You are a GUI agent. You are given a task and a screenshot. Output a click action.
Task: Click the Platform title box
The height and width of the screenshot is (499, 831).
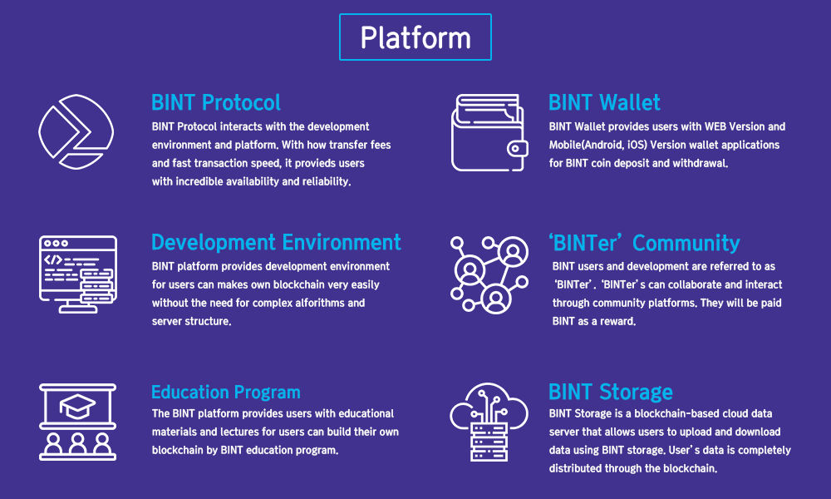pos(415,37)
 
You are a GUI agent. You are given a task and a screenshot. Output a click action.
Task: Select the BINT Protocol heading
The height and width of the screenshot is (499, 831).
pos(216,102)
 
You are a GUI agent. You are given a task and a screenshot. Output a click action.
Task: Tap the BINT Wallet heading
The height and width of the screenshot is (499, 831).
pos(604,102)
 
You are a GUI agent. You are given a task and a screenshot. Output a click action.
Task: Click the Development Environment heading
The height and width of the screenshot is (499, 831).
pos(276,242)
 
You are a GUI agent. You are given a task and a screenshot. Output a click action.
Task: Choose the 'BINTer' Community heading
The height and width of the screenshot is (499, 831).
pos(644,243)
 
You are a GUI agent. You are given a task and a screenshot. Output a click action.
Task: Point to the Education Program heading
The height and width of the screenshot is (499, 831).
pos(226,392)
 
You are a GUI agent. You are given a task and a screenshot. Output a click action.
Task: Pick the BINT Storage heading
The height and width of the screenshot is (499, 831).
pos(611,392)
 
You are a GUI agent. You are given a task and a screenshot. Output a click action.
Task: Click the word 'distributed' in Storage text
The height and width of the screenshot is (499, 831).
pos(581,468)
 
